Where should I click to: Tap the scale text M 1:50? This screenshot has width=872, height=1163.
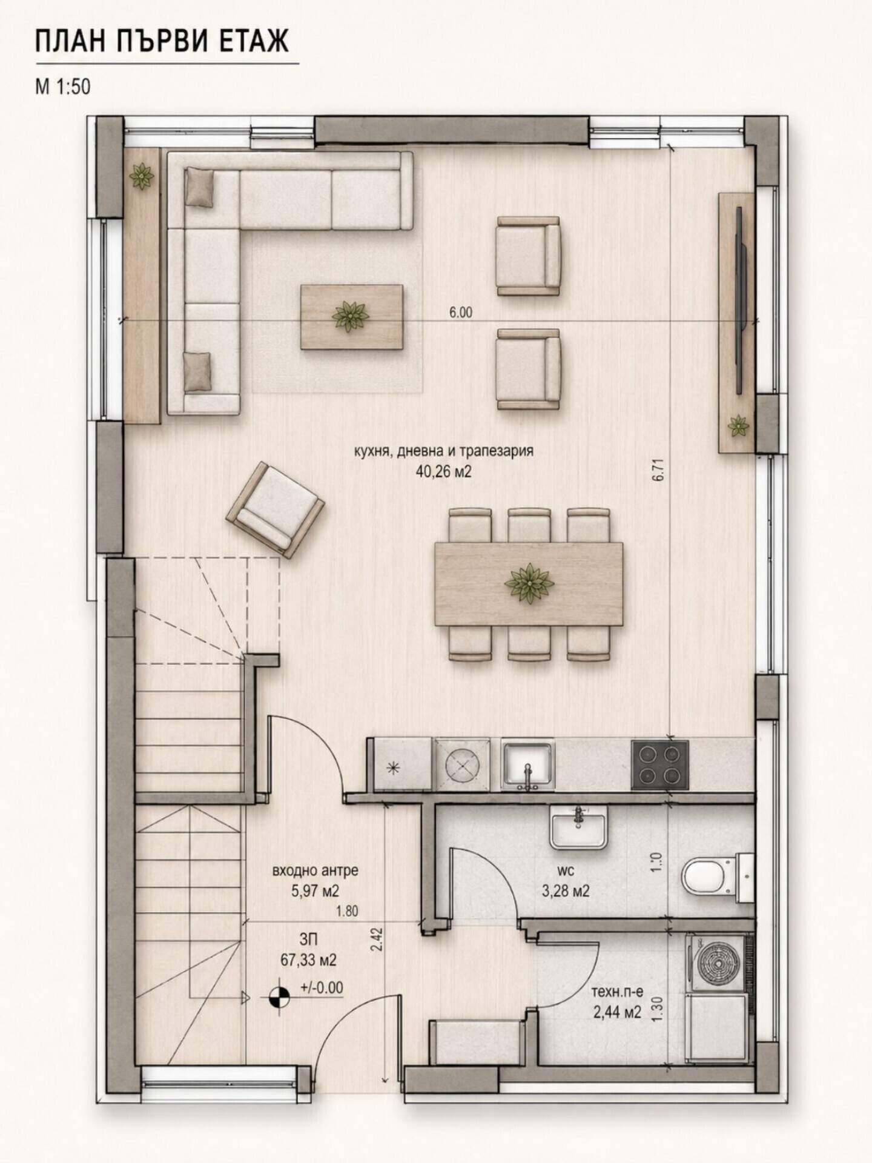63,87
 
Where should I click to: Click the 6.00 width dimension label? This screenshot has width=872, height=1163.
461,313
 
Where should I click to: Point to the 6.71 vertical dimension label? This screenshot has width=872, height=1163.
659,470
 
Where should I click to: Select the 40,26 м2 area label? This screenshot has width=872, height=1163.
443,471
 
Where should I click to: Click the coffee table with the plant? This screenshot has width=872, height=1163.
352,317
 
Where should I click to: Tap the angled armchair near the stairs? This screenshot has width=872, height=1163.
275,509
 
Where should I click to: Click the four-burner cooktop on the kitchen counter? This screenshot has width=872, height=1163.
659,765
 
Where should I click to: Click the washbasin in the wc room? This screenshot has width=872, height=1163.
578,828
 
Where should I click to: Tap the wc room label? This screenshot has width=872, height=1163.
566,871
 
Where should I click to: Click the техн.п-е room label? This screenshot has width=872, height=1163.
617,993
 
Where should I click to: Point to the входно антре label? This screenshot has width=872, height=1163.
315,871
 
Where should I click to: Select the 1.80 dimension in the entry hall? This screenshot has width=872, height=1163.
347,910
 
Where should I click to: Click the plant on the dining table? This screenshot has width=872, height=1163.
529,583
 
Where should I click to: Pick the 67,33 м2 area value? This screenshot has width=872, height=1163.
309,960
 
